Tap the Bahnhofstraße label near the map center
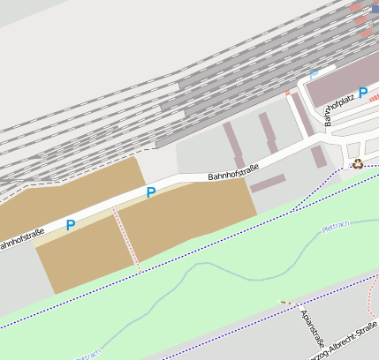coord(233,171)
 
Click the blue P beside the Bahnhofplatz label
coord(362,92)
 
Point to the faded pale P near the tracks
coord(313,73)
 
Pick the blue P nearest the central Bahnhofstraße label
coord(151,191)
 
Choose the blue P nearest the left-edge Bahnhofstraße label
coord(71,225)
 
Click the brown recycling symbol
coord(357,163)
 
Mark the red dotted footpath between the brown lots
coord(126,236)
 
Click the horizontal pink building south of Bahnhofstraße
coord(268,183)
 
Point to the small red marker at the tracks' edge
coord(287,92)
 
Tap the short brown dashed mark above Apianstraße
coord(284,303)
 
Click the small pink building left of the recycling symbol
coord(318,157)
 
